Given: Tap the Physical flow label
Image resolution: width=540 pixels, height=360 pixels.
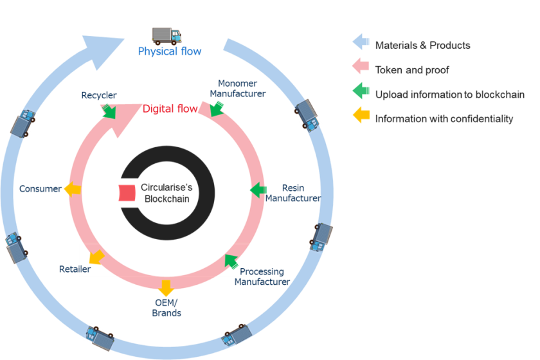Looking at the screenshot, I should (x=170, y=51).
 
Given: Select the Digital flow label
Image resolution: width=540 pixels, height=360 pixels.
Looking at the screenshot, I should (x=170, y=109).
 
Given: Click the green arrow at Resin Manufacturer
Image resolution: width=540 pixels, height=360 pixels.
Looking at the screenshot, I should (x=258, y=190).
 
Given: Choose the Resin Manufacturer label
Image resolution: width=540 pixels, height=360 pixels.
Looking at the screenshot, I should (x=293, y=194).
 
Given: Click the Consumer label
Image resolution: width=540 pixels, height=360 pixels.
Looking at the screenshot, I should (x=40, y=189).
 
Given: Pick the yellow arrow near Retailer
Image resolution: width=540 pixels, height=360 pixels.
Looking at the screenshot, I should (x=96, y=258).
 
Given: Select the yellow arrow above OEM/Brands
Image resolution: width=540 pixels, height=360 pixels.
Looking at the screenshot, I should (x=166, y=287).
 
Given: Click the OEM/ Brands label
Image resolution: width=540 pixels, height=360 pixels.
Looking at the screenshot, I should (x=166, y=308).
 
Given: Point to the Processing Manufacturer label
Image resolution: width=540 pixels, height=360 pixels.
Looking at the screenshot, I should (x=262, y=277).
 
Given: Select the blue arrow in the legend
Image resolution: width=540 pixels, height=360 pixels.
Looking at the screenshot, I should (x=360, y=42).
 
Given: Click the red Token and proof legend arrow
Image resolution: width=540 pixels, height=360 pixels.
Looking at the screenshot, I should (x=360, y=67).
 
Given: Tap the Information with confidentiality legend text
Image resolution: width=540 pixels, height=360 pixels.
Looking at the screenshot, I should (x=444, y=118).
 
